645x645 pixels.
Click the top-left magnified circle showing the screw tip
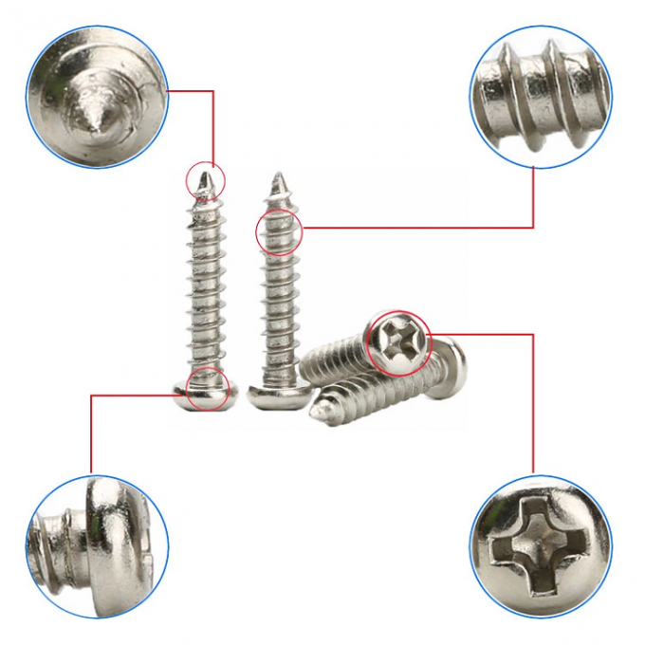[97, 97]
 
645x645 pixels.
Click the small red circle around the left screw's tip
[206, 178]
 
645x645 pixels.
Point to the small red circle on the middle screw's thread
[279, 231]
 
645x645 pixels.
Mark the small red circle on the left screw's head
[207, 388]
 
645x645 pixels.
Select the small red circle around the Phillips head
[398, 341]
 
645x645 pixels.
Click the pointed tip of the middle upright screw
[279, 178]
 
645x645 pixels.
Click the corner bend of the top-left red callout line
[212, 91]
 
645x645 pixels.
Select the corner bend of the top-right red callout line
[533, 228]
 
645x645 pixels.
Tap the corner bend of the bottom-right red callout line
[533, 334]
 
